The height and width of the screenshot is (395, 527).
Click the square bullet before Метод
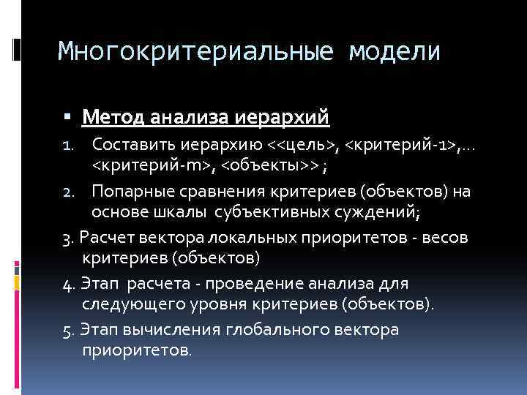67,117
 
